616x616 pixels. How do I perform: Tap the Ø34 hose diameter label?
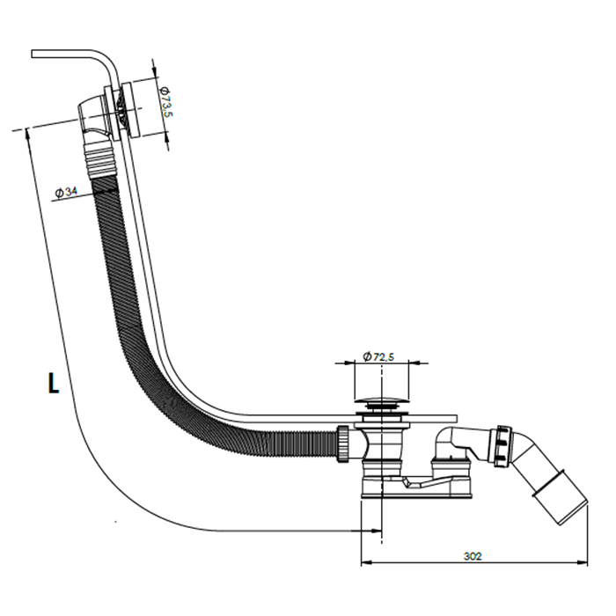pos(68,192)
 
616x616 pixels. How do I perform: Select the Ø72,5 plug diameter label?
pos(378,356)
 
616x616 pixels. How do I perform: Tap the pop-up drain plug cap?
pos(382,406)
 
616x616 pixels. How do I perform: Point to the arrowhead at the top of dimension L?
pos(29,133)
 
